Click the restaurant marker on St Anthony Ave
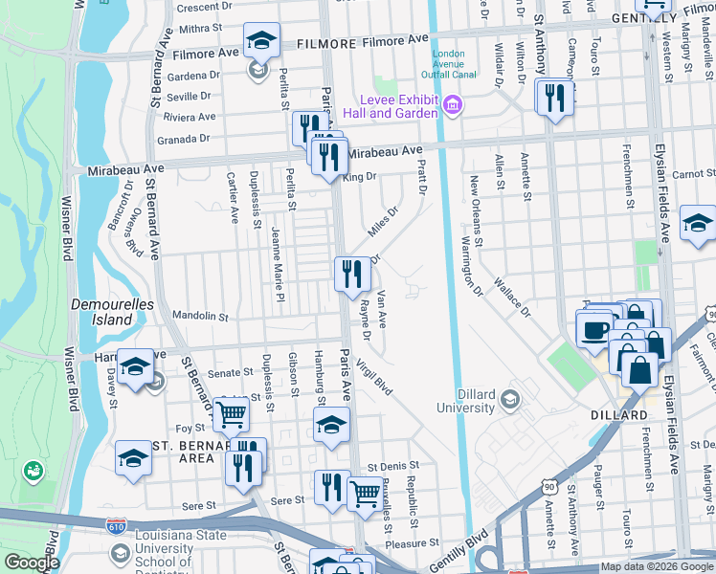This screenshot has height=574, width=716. click(555, 98)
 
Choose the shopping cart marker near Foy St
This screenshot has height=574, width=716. click(232, 415)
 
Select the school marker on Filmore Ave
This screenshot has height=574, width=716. click(261, 42)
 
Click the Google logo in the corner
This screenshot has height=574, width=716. click(31, 563)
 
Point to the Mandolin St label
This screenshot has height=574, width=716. click(201, 316)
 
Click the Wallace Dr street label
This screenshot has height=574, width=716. click(512, 298)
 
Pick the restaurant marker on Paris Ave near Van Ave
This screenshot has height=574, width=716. click(352, 275)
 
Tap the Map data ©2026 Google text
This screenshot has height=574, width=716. click(656, 566)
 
